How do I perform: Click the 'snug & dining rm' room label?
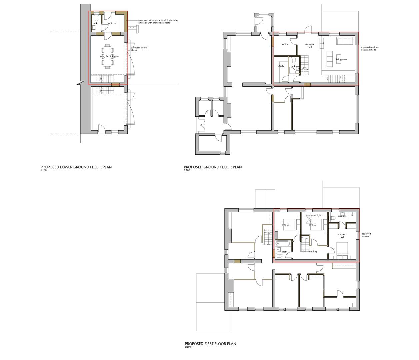point(109,57)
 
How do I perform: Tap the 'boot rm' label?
point(111,23)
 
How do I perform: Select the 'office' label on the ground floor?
point(285,44)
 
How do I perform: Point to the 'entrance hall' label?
point(309,46)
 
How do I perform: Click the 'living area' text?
point(341,59)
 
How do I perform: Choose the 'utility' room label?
point(281,66)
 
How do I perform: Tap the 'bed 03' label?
point(286,225)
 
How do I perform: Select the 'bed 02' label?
point(312,225)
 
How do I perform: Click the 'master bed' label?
point(342,236)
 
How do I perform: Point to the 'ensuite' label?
point(342,216)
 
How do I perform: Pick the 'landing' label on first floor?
point(312,251)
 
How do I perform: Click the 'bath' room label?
point(285,252)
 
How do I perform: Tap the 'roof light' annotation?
point(316,215)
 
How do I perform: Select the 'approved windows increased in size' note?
point(369,48)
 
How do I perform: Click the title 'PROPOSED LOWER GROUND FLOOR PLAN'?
point(76,167)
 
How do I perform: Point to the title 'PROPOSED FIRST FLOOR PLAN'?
point(210,344)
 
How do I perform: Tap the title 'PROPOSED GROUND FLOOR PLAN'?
point(213,167)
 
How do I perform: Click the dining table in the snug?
point(108,56)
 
